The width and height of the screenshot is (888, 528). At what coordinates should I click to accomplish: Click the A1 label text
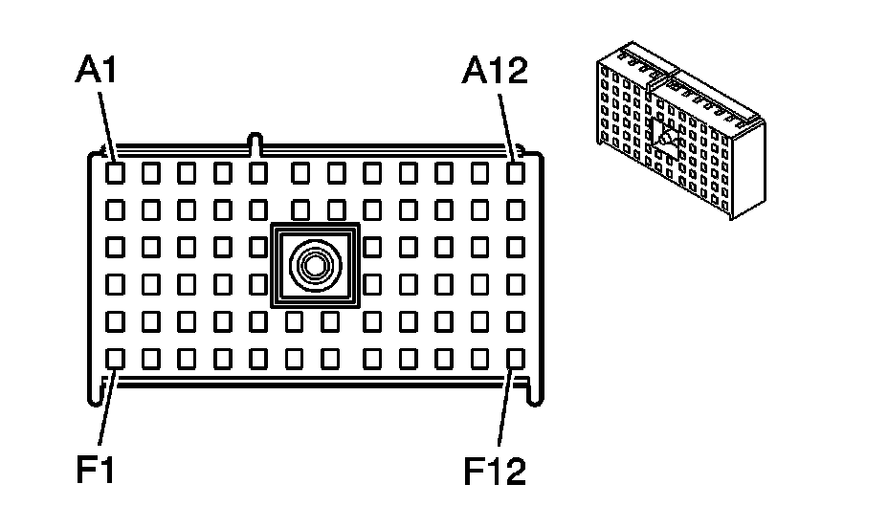(x=97, y=73)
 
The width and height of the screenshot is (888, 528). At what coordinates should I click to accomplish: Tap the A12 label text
(x=495, y=71)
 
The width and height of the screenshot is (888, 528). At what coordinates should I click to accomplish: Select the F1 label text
(x=96, y=471)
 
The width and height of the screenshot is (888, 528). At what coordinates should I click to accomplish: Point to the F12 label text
(x=496, y=471)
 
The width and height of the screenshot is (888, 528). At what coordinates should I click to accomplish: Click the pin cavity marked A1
(x=114, y=173)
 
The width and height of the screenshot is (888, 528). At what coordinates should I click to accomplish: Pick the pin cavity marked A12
(x=516, y=173)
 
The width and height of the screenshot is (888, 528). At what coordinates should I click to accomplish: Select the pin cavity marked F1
(x=114, y=359)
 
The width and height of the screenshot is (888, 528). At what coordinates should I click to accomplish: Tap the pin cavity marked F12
(x=516, y=359)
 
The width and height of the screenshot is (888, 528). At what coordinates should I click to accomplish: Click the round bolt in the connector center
(x=315, y=265)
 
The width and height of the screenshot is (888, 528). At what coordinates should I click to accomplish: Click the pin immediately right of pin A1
(x=150, y=173)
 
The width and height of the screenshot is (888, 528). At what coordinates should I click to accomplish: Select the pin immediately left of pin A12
(x=479, y=173)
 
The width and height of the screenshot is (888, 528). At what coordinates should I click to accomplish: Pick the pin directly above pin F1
(x=114, y=321)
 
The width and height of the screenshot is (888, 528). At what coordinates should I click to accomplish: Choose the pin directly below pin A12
(x=516, y=209)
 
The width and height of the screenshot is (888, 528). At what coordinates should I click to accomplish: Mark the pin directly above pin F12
(x=516, y=321)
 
